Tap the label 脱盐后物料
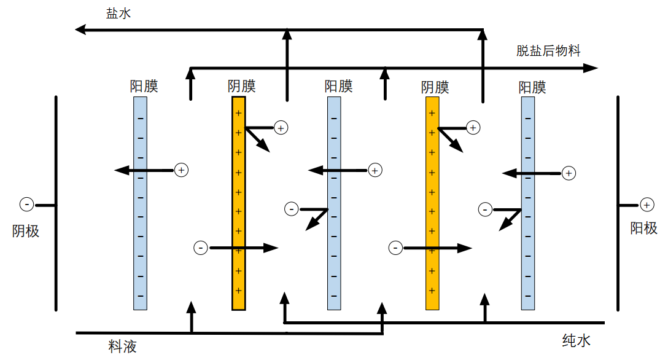click(x=548, y=51)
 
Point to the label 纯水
click(x=577, y=340)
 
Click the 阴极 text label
click(x=26, y=231)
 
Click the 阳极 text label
click(x=644, y=229)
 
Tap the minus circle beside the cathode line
click(x=26, y=204)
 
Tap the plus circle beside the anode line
click(x=647, y=205)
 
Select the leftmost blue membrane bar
click(x=141, y=203)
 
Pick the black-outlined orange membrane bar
click(x=238, y=203)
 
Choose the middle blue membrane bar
click(x=334, y=203)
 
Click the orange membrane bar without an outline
click(x=432, y=203)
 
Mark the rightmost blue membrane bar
click(x=528, y=203)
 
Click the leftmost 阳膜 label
click(x=144, y=87)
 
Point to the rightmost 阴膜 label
click(x=435, y=87)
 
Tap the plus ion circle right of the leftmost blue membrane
click(x=181, y=170)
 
